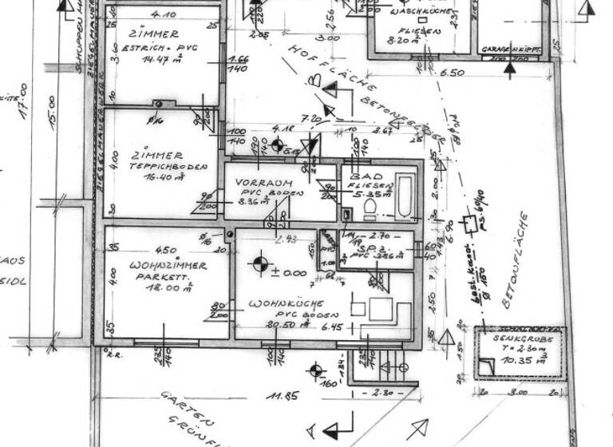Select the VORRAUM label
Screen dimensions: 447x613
pyautogui.click(x=259, y=181)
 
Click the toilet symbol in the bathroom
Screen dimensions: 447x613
pyautogui.click(x=370, y=209)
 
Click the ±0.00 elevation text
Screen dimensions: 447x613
pyautogui.click(x=288, y=272)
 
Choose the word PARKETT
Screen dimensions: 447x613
pyautogui.click(x=153, y=276)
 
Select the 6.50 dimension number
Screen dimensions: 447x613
pyautogui.click(x=452, y=73)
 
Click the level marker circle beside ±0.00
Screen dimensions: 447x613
pyautogui.click(x=259, y=263)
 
